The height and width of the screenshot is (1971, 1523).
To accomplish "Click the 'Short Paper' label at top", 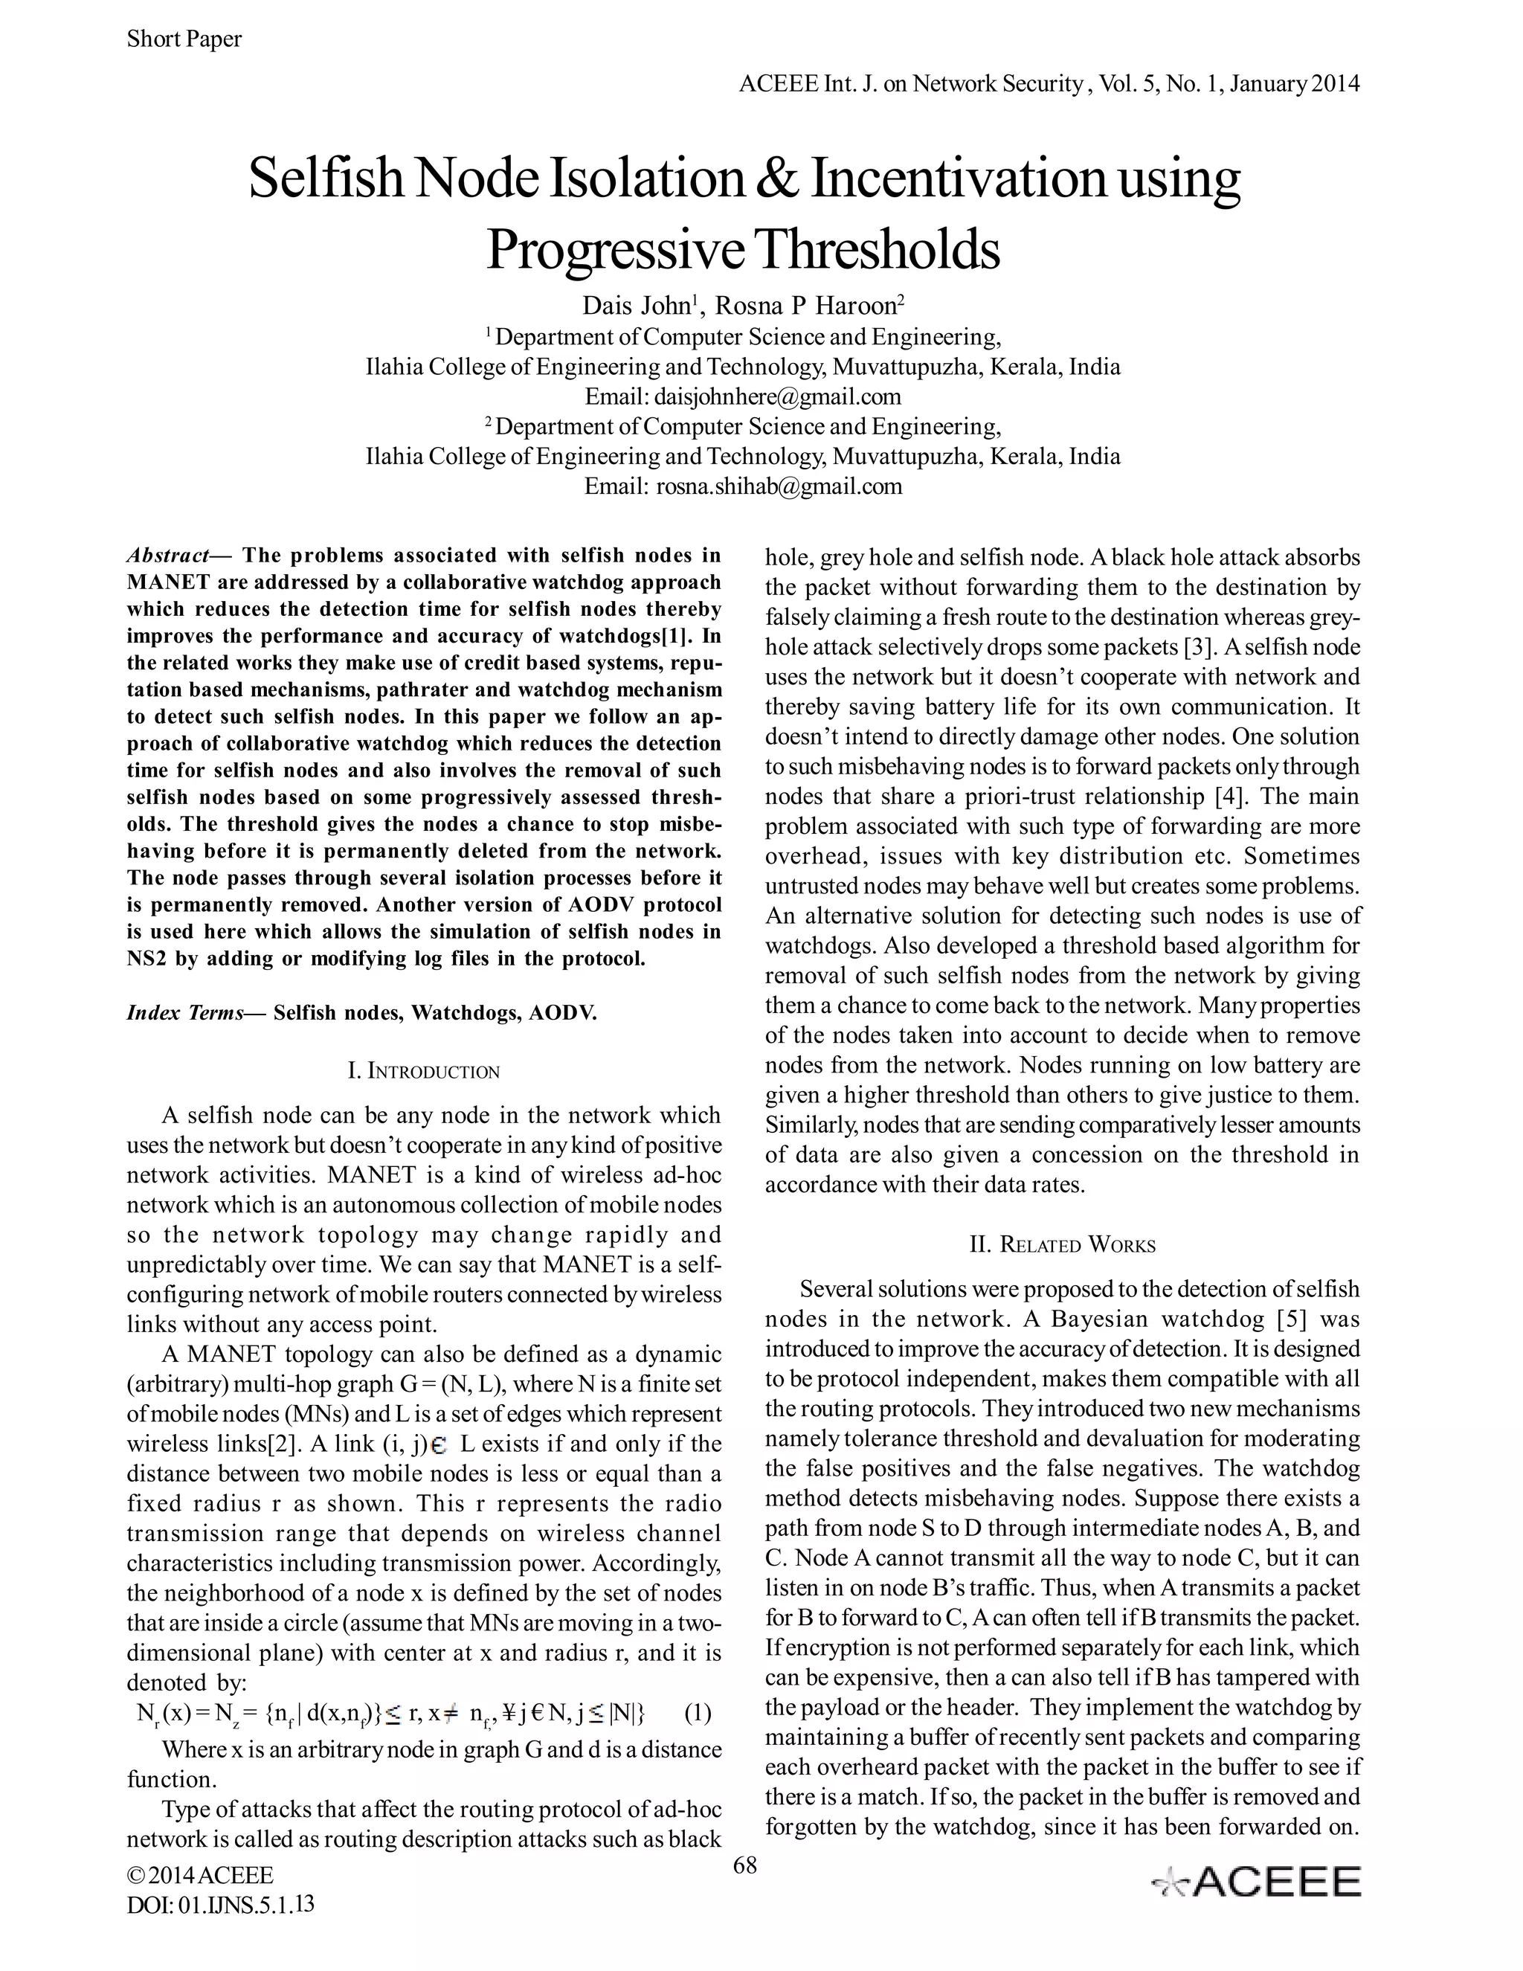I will (x=184, y=39).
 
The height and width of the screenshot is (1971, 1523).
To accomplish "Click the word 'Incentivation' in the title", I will (x=957, y=178).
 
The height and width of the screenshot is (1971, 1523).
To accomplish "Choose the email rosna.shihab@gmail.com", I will (x=778, y=486).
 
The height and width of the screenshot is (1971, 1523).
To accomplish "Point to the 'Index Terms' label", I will (x=185, y=1012).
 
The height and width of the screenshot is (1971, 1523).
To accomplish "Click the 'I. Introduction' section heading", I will (x=423, y=1072).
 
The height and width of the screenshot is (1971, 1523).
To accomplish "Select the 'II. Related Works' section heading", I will (x=1062, y=1245).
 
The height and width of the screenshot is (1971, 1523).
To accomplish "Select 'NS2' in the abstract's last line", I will (x=146, y=959).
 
